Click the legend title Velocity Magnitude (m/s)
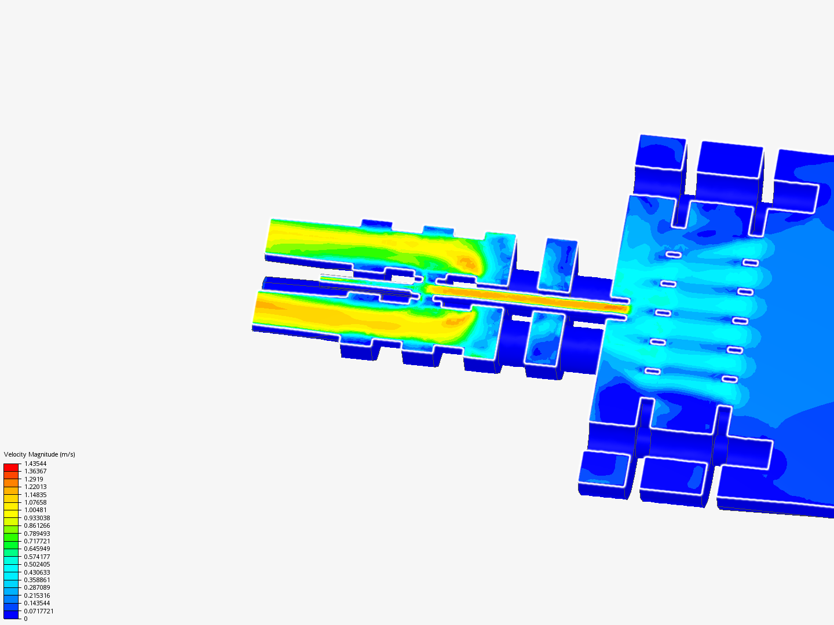tap(39, 454)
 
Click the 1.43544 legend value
tap(35, 464)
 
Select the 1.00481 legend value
tap(35, 510)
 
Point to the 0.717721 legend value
tap(37, 541)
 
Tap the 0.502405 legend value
tap(37, 564)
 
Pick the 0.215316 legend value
tap(37, 595)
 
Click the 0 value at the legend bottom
tap(26, 619)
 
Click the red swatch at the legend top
tap(11, 468)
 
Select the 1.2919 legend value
tap(34, 479)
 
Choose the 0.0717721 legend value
tap(39, 611)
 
